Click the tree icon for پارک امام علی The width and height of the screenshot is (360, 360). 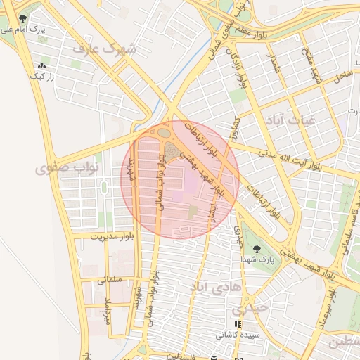coord(25,18)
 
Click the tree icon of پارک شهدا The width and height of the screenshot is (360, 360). coord(255,248)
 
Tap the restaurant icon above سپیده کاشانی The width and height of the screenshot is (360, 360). coord(237,324)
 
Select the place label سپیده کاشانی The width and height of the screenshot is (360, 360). coord(237,335)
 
